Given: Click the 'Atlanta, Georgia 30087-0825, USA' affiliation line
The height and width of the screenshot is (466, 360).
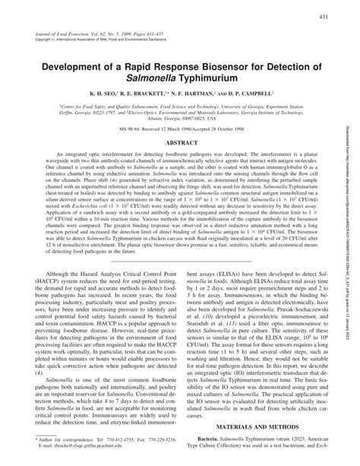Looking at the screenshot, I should (180, 122).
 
